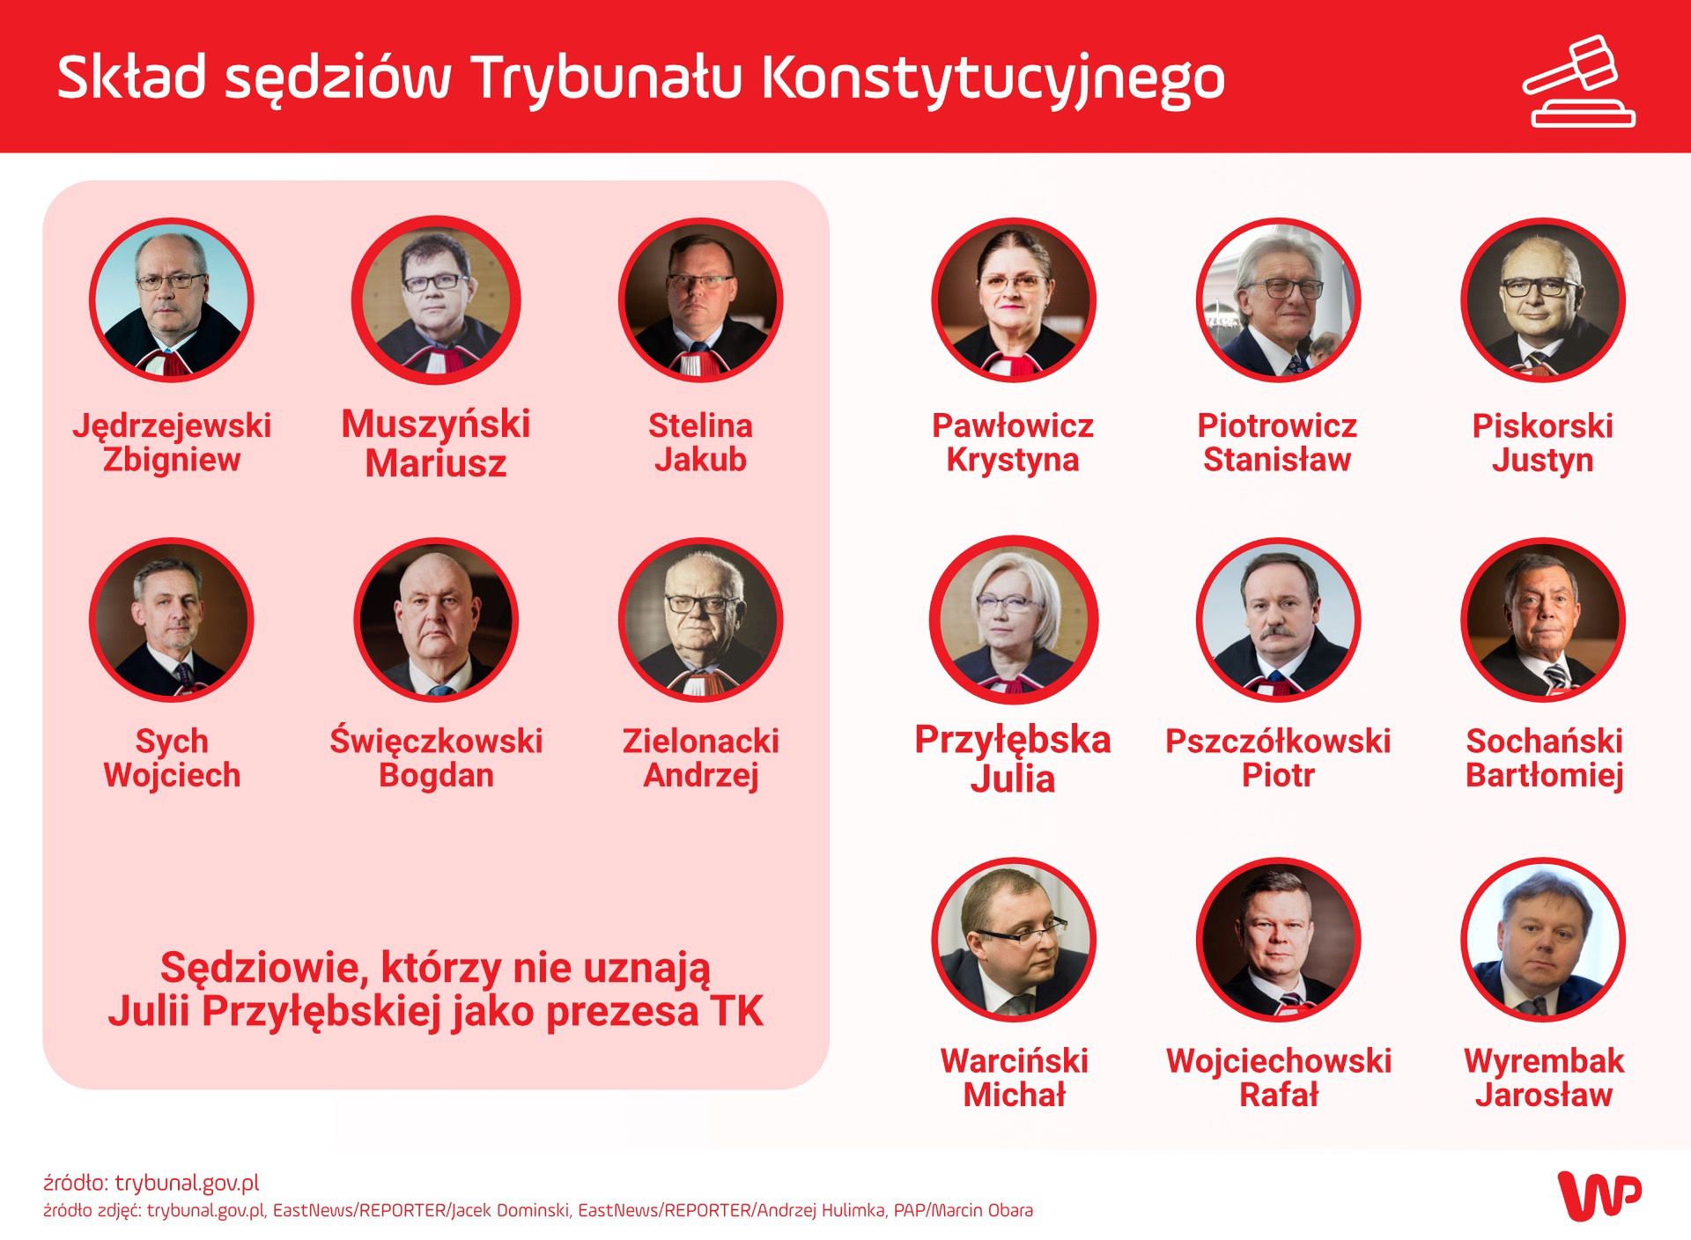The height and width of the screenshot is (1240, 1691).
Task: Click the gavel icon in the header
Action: pyautogui.click(x=1579, y=81)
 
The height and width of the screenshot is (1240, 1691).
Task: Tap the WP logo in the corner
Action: pyautogui.click(x=1599, y=1195)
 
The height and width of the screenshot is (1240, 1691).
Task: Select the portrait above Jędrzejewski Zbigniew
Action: pyautogui.click(x=172, y=300)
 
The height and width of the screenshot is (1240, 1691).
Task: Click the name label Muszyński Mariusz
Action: pyautogui.click(x=436, y=443)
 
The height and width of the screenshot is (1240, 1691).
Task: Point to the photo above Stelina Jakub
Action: pyautogui.click(x=701, y=300)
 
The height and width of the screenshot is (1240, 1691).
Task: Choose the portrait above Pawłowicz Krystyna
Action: pyautogui.click(x=1014, y=300)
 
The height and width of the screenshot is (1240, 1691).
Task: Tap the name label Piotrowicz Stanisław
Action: pyautogui.click(x=1277, y=443)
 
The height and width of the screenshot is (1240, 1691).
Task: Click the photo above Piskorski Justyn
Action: pyautogui.click(x=1543, y=300)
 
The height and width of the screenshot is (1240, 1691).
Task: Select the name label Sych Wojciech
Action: pyautogui.click(x=172, y=758)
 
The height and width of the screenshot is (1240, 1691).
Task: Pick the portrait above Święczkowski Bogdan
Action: pyautogui.click(x=436, y=620)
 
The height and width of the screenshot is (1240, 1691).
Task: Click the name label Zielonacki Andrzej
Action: pyautogui.click(x=701, y=758)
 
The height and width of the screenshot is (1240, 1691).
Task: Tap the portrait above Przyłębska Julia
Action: pyautogui.click(x=1014, y=620)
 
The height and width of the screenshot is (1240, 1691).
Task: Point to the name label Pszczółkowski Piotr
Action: pyautogui.click(x=1278, y=758)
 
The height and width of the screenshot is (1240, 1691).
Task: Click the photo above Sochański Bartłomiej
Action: pyautogui.click(x=1543, y=620)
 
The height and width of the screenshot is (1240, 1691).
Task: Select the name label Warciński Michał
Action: pyautogui.click(x=1015, y=1078)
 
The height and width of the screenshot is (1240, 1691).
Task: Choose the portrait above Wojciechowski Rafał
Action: pyautogui.click(x=1278, y=940)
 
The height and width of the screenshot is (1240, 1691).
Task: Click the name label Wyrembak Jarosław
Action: pyautogui.click(x=1544, y=1078)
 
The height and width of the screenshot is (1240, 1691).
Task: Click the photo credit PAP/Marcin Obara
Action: pyautogui.click(x=964, y=1211)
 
